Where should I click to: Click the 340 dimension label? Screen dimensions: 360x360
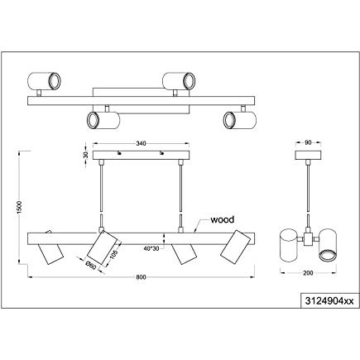[x=141, y=143]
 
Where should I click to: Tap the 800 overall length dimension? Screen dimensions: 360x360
[x=141, y=277]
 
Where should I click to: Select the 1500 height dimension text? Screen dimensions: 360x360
[x=19, y=207]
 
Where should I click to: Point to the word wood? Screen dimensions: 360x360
[x=222, y=219]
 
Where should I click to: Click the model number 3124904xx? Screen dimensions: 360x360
[x=329, y=301]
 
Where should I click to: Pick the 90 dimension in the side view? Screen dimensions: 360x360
[x=308, y=142]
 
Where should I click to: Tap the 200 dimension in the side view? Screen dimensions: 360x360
[x=308, y=273]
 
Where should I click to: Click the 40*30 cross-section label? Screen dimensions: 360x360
[x=151, y=248]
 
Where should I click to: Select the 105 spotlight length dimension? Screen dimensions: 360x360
[x=114, y=252]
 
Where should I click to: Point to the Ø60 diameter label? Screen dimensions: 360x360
[x=90, y=266]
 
